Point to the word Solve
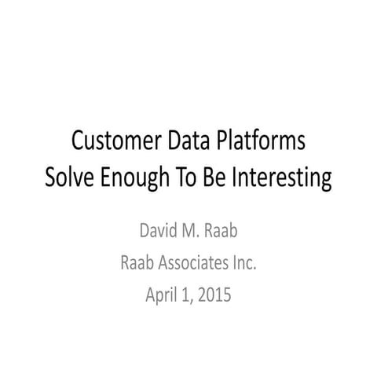coord(70,177)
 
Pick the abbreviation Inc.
coord(244,265)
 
